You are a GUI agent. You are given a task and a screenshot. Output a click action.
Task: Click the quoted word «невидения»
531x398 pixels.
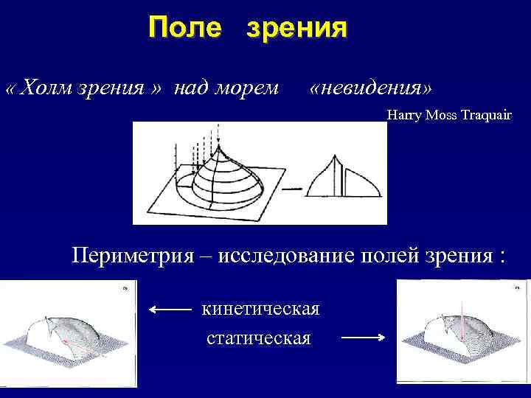(372, 88)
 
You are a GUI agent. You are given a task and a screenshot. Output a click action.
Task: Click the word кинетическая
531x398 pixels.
(260, 310)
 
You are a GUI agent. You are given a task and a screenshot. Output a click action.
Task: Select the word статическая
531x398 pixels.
(258, 338)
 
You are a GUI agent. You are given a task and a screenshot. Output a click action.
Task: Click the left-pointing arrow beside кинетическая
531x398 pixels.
(168, 310)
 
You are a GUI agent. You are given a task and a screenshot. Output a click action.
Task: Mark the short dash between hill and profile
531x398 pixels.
(293, 189)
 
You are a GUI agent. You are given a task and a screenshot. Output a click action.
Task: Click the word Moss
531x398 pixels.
(436, 115)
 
